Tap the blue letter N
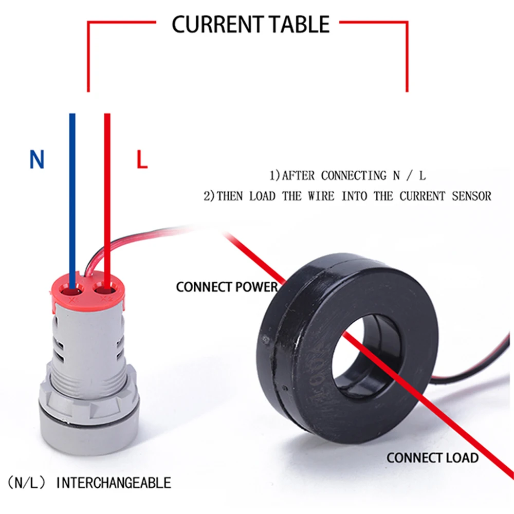36,160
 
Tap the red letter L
142,160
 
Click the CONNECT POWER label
226,287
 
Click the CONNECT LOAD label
432,457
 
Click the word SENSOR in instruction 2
471,196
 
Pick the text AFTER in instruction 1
299,176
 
